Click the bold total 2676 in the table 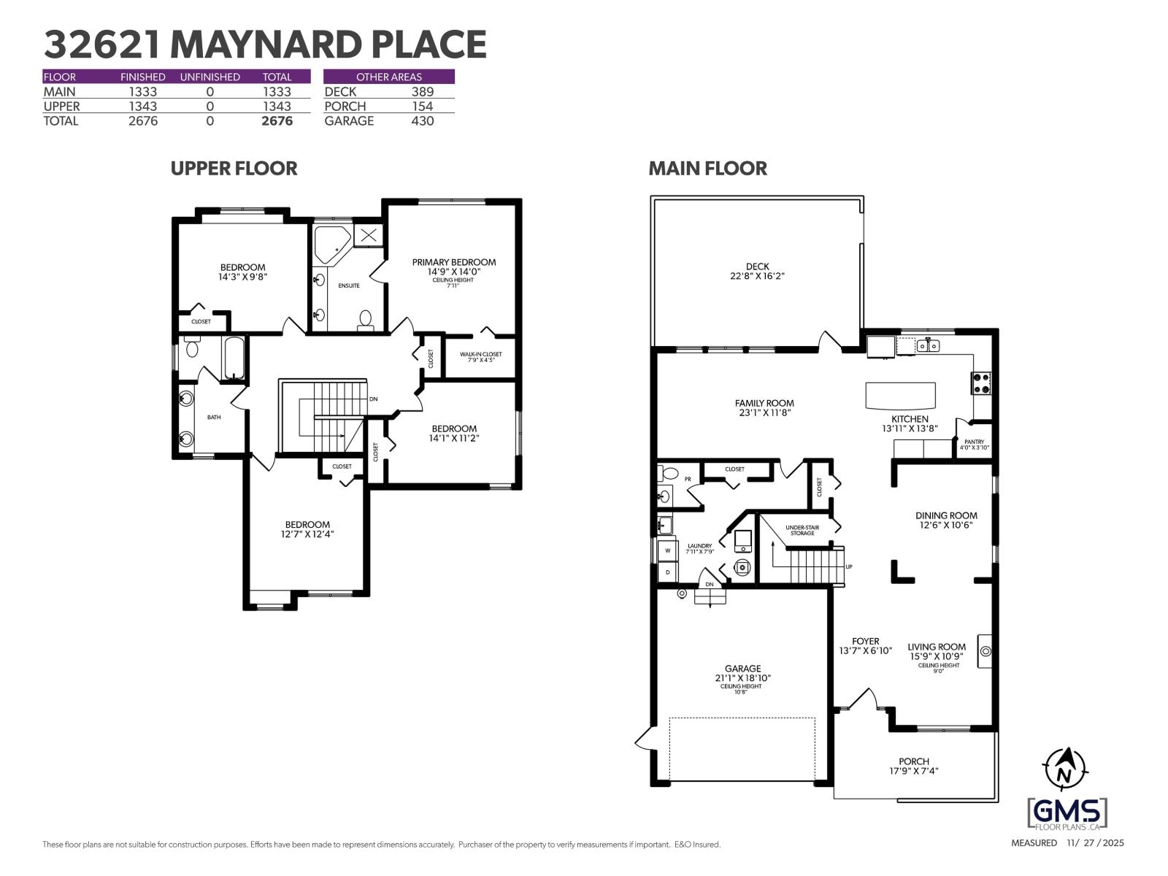point(277,121)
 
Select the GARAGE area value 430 point(422,121)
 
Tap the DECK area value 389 point(422,92)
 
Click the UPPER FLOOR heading point(234,169)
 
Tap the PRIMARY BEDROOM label point(453,262)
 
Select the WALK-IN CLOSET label point(480,355)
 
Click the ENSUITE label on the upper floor point(349,285)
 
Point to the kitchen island point(900,396)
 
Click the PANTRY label point(974,442)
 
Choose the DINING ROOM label point(946,515)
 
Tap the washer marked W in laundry point(667,550)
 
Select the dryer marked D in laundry point(667,572)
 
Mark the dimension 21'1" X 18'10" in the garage point(742,678)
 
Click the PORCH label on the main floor point(913,761)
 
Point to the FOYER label point(865,641)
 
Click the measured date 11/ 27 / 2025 point(1095,843)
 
